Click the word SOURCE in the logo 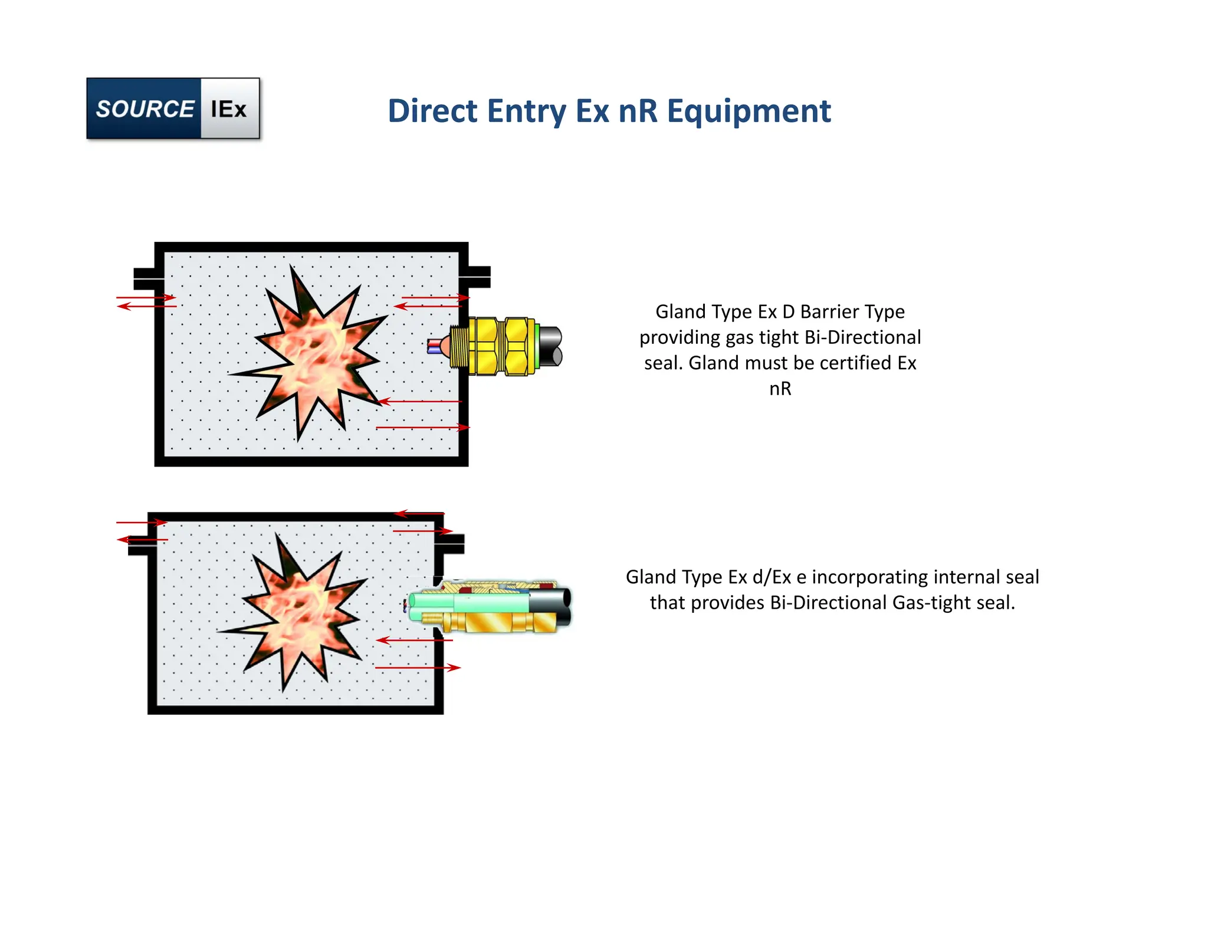pos(145,109)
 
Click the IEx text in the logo pos(228,109)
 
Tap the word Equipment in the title pos(749,111)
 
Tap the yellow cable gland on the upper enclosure pos(498,346)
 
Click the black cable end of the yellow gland pos(550,346)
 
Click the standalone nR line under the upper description pos(780,389)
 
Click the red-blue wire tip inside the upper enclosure pos(435,346)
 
